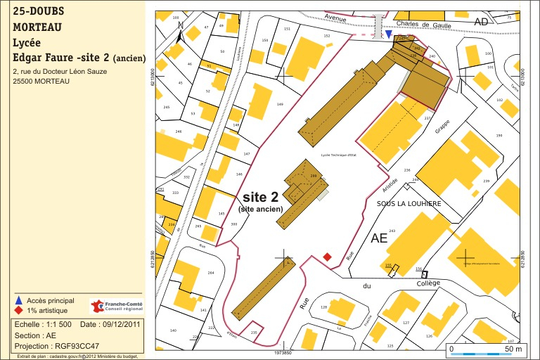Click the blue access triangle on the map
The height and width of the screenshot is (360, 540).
tap(388, 33)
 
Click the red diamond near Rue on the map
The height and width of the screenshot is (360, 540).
tap(326, 257)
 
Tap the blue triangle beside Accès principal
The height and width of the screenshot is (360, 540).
tap(18, 300)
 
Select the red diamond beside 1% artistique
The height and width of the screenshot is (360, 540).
tap(18, 310)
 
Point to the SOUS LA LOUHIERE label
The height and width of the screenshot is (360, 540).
tap(409, 204)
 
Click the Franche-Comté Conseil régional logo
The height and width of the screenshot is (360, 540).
tap(116, 307)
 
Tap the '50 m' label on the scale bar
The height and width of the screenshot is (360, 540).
tap(513, 349)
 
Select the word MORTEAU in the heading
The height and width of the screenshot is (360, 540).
tap(37, 27)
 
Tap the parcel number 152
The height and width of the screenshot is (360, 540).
tap(326, 35)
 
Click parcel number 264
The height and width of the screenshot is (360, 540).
tap(210, 274)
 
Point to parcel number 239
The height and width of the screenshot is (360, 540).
tap(486, 181)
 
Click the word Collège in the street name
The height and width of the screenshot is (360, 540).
tap(428, 283)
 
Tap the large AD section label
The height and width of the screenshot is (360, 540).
tap(481, 22)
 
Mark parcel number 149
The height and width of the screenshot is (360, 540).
tap(280, 105)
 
